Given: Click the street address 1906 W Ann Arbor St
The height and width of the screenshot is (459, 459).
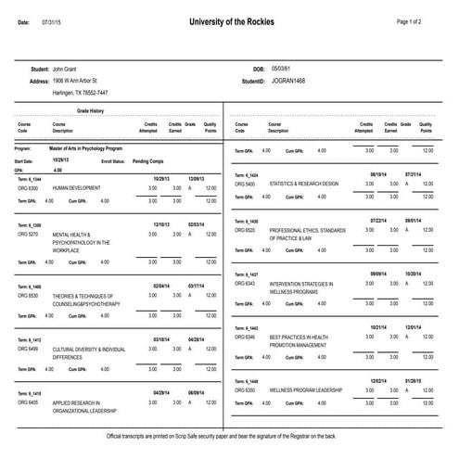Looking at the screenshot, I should point(82,81).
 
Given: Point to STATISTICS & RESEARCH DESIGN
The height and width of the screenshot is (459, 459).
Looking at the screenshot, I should point(304,184).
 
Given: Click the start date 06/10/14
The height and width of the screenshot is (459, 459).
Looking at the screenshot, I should point(378,173).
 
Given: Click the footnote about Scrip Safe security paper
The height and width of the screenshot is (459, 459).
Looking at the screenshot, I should point(229,435).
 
